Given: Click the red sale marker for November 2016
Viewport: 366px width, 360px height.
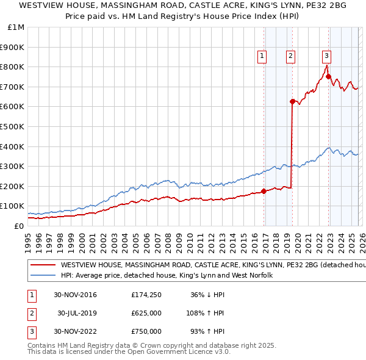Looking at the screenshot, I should click(264, 191).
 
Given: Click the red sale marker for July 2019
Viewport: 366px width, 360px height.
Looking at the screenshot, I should click(292, 101).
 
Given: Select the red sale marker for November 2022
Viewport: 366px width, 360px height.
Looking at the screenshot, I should click(328, 76).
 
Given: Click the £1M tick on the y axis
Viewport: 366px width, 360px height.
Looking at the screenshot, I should click(16, 28).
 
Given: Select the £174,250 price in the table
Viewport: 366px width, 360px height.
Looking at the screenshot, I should click(146, 295).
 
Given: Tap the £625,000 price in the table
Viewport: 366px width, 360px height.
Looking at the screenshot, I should click(146, 313).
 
